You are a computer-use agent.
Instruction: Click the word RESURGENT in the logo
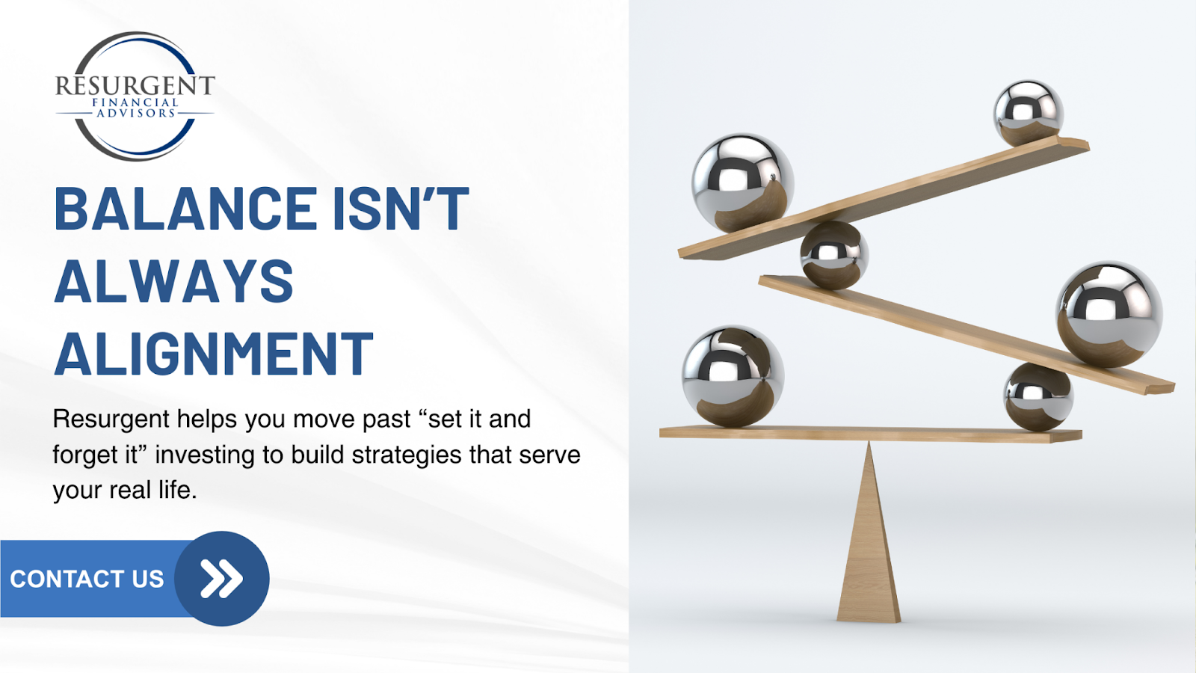tap(135, 85)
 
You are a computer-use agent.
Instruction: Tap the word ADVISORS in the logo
tap(136, 113)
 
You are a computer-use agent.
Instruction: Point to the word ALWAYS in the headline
tap(174, 281)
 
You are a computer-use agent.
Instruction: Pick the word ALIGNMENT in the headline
tap(214, 354)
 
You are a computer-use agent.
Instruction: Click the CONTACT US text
tap(87, 579)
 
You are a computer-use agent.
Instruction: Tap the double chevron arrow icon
tap(221, 579)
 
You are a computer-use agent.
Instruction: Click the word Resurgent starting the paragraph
tap(111, 420)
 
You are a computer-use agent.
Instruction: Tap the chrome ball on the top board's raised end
tap(1029, 113)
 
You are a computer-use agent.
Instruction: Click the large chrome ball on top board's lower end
tap(742, 183)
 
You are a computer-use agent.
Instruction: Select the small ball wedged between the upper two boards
tap(834, 255)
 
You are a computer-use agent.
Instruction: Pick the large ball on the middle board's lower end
tap(1109, 315)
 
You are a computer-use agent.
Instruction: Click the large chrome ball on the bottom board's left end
tap(733, 377)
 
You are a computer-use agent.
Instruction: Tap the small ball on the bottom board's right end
tap(1038, 397)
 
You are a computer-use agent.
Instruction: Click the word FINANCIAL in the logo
tap(135, 102)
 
